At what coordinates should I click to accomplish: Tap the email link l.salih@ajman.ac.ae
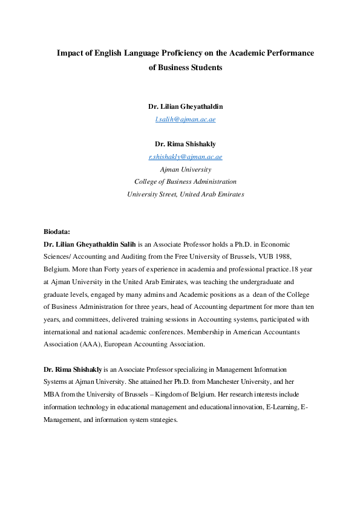click(185, 119)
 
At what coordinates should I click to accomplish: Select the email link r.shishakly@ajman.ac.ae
click(185, 157)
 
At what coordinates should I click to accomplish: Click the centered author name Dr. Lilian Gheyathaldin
click(185, 106)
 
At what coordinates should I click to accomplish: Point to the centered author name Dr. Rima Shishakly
click(185, 144)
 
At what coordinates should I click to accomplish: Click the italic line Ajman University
click(185, 169)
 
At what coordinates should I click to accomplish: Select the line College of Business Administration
click(185, 181)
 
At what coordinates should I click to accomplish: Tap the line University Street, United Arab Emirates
click(185, 194)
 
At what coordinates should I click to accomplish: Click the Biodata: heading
click(57, 232)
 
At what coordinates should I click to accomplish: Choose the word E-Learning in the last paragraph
click(282, 407)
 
